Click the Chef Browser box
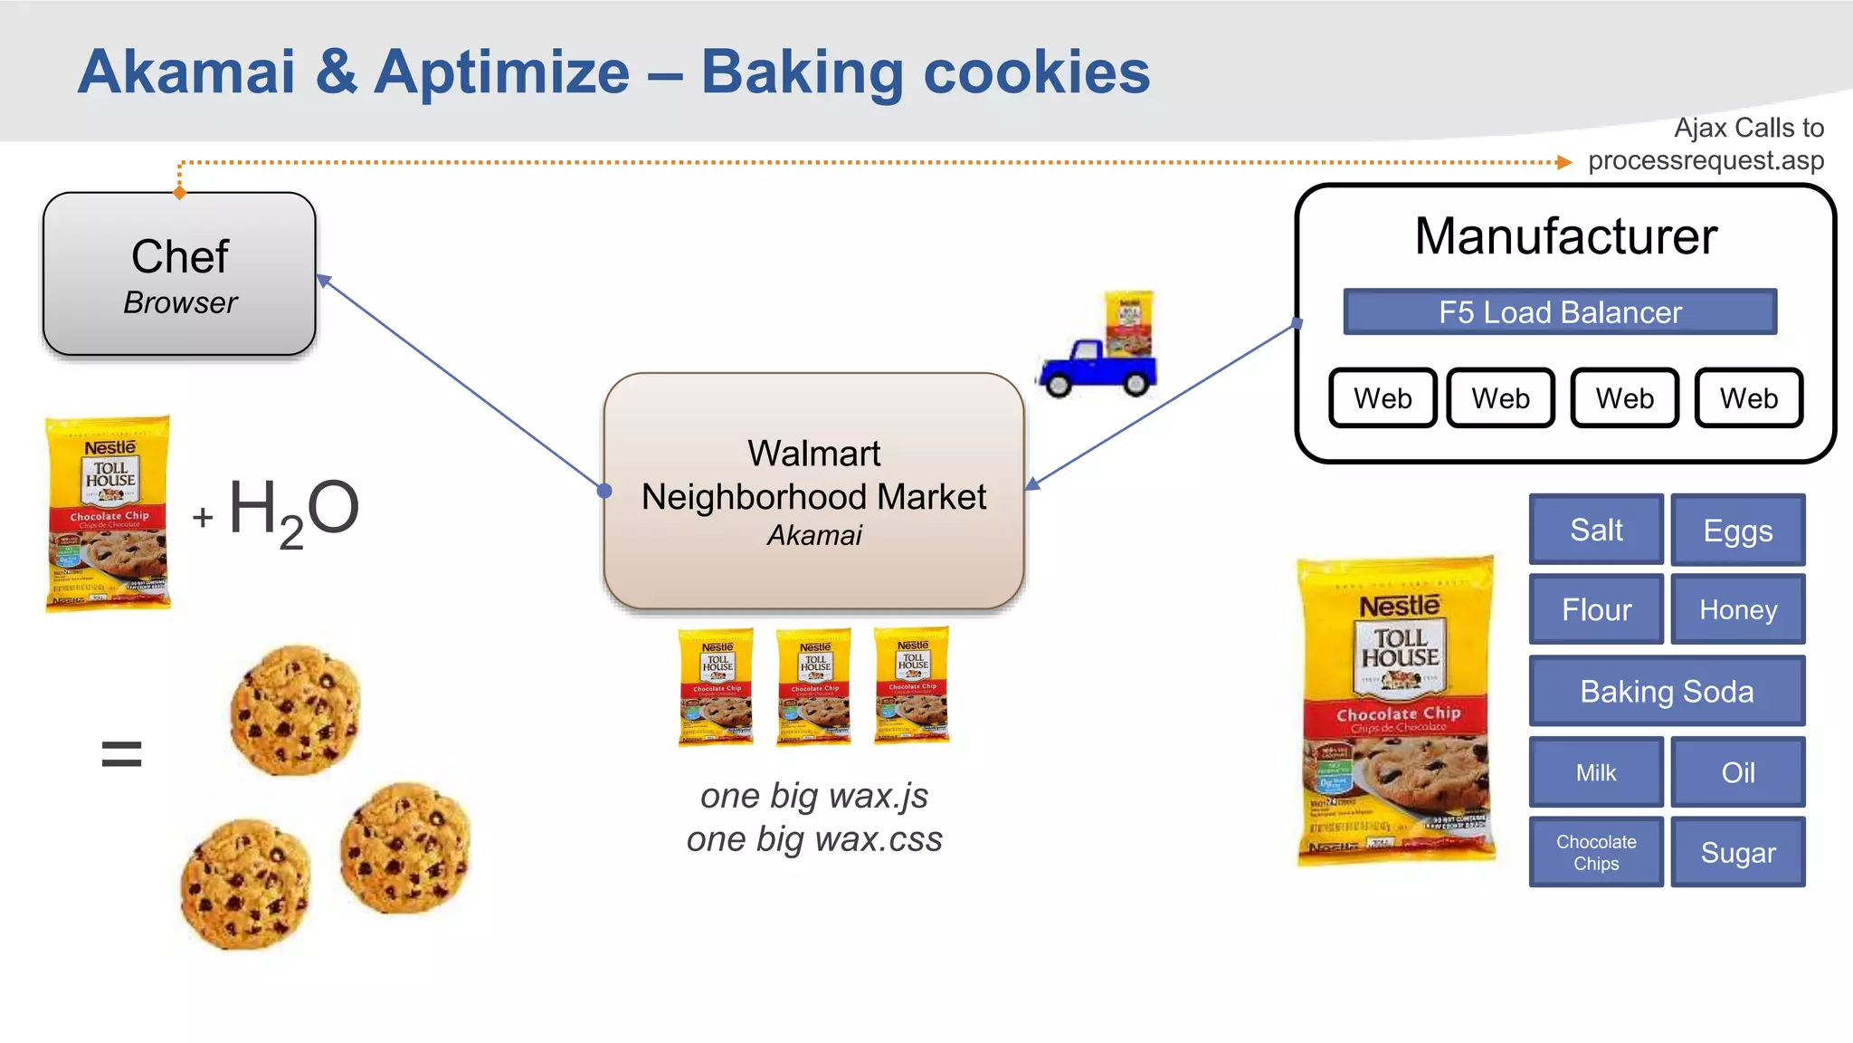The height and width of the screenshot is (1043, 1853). (x=179, y=273)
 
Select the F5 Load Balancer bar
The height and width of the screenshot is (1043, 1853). (x=1560, y=312)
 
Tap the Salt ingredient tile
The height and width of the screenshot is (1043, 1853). (x=1596, y=530)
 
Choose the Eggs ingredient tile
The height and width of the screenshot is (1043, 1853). (x=1737, y=531)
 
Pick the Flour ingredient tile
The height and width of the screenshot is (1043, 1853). (x=1596, y=609)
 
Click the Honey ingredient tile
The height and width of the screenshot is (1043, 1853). (x=1737, y=609)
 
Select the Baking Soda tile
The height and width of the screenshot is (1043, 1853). (x=1667, y=691)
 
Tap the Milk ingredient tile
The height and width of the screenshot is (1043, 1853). (x=1596, y=772)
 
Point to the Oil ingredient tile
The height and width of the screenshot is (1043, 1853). (x=1737, y=772)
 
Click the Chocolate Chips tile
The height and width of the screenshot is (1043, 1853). (x=1596, y=852)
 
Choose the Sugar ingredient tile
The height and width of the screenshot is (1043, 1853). (x=1737, y=852)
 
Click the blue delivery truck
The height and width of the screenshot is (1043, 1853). (x=1098, y=367)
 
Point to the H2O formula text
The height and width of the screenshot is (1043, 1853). (x=293, y=511)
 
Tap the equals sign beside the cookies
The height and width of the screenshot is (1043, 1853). (x=121, y=753)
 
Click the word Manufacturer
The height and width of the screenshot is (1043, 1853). (x=1565, y=236)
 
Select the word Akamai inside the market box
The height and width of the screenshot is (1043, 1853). (x=814, y=536)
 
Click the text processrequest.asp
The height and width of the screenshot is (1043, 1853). (x=1706, y=161)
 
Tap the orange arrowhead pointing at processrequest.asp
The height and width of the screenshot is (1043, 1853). (x=1563, y=163)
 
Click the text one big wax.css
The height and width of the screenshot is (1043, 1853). (x=814, y=839)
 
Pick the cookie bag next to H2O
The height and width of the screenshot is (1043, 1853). (x=109, y=513)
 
